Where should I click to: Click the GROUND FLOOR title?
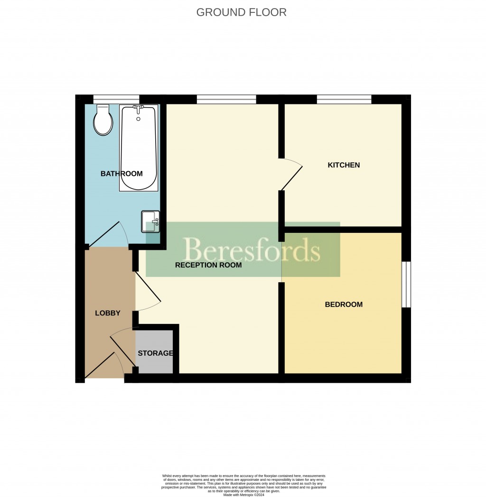241,12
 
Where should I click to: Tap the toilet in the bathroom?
103,120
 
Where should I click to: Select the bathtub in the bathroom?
138,147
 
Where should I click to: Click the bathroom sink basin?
151,221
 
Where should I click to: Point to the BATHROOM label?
121,174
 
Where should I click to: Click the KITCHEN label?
344,165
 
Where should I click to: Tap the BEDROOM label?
344,304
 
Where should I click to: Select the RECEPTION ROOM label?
208,265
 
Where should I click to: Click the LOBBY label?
108,313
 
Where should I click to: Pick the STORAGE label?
155,353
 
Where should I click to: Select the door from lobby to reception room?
148,289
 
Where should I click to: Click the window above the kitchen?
344,99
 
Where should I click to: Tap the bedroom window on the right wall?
406,284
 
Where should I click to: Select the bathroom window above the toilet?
116,99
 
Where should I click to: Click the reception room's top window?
226,99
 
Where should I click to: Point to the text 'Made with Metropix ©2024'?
243,495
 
